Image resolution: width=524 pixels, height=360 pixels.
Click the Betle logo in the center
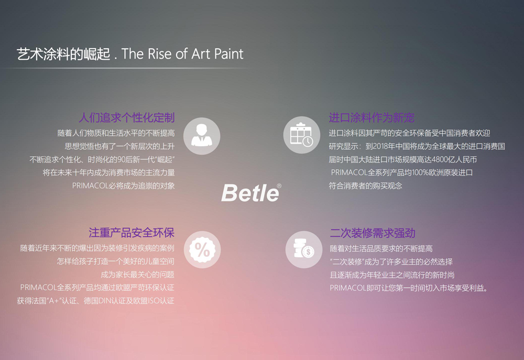coord(250,193)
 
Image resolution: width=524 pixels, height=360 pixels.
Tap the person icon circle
coord(202,136)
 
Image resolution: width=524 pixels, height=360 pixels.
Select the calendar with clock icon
coord(302,135)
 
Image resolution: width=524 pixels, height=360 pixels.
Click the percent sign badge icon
coord(202,249)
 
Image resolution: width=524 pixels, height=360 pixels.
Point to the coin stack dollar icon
coord(304,249)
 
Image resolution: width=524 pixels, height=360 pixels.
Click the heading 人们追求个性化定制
coord(127,118)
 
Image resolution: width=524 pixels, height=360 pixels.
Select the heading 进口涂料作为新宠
coord(372,118)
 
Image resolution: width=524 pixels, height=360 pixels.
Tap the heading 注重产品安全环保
coord(132,233)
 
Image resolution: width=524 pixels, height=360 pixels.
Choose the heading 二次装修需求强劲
coord(373,233)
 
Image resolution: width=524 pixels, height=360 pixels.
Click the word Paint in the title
coord(228,54)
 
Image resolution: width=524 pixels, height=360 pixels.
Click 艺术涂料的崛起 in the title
coord(63,54)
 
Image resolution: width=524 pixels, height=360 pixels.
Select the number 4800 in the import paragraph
coord(441,159)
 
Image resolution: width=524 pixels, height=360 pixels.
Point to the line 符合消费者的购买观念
coord(365,186)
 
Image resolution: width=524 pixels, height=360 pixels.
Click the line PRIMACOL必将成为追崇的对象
coord(123,186)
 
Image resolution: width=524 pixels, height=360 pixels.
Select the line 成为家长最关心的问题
coord(138,275)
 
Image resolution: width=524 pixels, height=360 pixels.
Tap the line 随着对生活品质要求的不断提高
coord(381,249)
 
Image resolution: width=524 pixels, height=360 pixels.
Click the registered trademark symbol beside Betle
coord(279,186)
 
